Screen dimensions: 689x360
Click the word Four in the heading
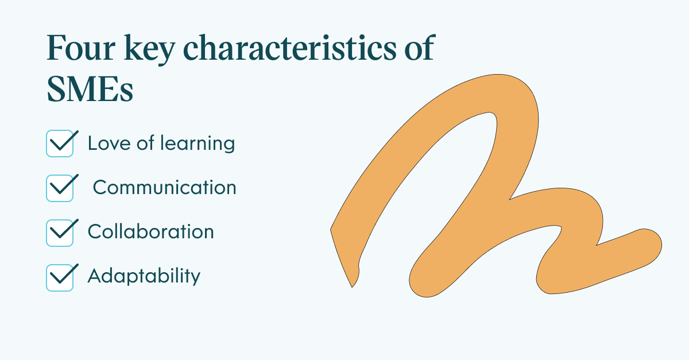(x=81, y=48)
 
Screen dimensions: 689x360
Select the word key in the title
(x=149, y=49)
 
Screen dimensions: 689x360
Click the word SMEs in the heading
(x=90, y=89)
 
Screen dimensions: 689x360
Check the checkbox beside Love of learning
(x=60, y=144)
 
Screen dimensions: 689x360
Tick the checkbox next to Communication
(x=60, y=188)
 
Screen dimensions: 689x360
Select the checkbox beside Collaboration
(x=60, y=233)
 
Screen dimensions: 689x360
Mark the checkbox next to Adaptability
(x=60, y=277)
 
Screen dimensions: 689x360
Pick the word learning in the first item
(x=198, y=144)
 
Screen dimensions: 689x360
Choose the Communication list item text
(x=165, y=187)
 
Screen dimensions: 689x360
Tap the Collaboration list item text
(x=150, y=231)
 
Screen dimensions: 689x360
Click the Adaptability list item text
(x=144, y=276)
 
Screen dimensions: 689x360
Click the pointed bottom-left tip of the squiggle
(x=352, y=287)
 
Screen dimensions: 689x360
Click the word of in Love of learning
(x=145, y=143)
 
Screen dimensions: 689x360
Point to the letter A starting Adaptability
(x=95, y=276)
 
